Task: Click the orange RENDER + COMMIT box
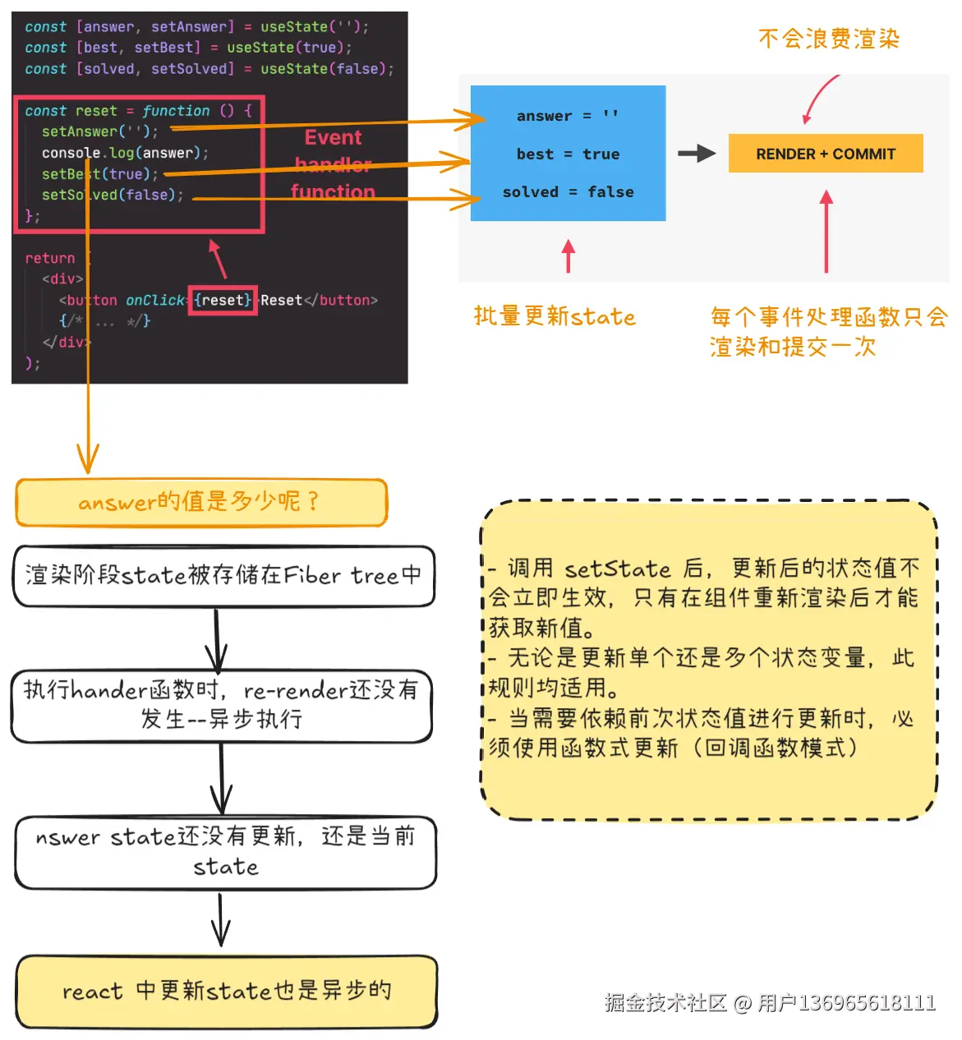[825, 154]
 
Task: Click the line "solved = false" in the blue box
[568, 192]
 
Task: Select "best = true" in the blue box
[568, 154]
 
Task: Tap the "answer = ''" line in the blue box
[567, 117]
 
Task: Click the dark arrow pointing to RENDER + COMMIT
[696, 154]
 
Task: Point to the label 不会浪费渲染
[828, 39]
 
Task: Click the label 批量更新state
[555, 316]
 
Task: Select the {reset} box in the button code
[223, 301]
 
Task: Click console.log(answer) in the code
[125, 153]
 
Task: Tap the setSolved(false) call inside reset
[113, 196]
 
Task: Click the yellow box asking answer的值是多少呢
[201, 502]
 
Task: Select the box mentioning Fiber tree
[223, 576]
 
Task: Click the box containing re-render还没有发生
[221, 705]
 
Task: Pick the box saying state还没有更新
[225, 852]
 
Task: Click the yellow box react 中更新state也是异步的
[227, 991]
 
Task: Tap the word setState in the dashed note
[618, 568]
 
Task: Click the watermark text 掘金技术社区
[665, 1003]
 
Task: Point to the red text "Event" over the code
[333, 137]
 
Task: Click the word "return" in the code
[49, 258]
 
